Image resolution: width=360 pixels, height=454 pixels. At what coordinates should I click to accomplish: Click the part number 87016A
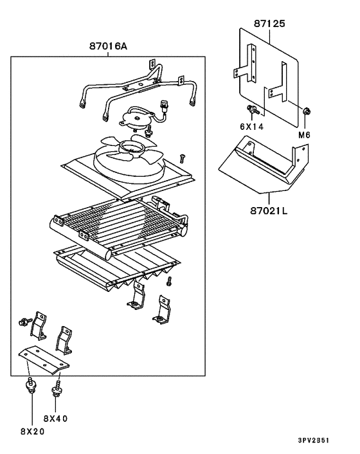(108, 46)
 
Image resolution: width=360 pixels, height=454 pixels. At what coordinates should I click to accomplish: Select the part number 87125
(269, 23)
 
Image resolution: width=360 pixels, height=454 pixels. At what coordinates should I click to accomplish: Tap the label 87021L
(269, 210)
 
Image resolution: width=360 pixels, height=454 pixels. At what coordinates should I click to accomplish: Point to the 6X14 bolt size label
(252, 127)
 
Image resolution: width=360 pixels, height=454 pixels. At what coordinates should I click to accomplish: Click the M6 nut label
(304, 134)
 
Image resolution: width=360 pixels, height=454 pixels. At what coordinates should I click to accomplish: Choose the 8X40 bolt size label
(55, 419)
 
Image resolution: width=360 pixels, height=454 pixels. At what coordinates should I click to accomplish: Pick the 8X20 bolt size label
(33, 431)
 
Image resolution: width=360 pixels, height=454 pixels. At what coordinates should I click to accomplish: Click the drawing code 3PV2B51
(314, 440)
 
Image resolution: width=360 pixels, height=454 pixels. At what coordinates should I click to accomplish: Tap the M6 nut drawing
(307, 111)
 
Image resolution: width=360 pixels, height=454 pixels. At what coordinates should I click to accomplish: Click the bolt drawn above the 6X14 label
(253, 110)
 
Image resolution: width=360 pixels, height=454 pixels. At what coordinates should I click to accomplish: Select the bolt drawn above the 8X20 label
(31, 385)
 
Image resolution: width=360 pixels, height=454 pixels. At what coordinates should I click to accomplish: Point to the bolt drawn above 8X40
(56, 388)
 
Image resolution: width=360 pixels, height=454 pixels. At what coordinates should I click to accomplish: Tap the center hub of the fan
(132, 148)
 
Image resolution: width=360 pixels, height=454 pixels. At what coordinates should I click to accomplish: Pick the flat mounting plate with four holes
(44, 360)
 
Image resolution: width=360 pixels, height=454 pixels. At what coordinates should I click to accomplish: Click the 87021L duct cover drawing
(264, 164)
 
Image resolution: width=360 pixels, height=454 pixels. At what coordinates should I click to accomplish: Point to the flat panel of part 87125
(269, 77)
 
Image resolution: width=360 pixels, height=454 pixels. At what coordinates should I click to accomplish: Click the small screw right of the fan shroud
(182, 159)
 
